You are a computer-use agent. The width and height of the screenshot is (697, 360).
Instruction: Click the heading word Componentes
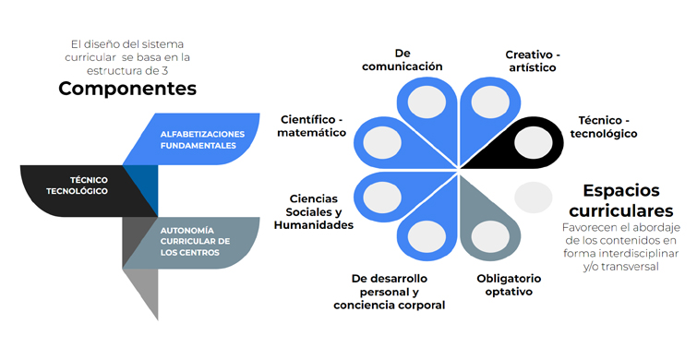tap(127, 89)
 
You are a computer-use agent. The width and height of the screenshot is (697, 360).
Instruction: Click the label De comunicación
tap(403, 60)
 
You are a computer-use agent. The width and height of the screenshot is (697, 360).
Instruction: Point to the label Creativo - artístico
tap(532, 61)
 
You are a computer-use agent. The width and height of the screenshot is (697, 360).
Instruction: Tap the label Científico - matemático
tap(313, 126)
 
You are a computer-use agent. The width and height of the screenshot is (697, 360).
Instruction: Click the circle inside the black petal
tap(534, 142)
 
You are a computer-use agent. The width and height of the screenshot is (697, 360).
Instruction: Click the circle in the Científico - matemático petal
tap(381, 142)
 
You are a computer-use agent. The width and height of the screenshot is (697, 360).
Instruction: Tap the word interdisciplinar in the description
tap(632, 253)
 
